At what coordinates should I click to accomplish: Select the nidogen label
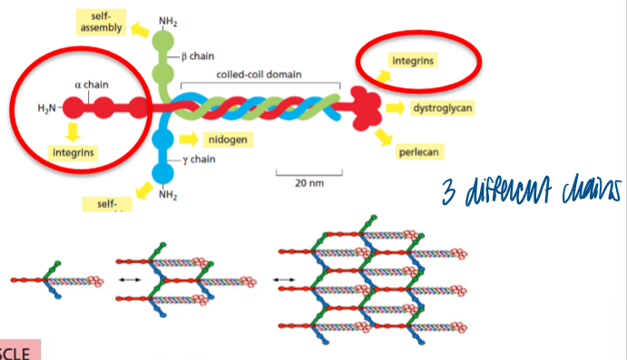click(x=227, y=140)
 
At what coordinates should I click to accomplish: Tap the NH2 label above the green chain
click(x=168, y=20)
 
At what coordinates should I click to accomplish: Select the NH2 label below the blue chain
click(x=166, y=194)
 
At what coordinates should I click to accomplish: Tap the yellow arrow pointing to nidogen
click(x=189, y=139)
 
